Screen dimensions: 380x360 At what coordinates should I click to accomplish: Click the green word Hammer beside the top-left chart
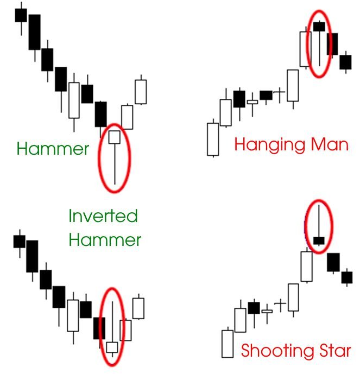pyautogui.click(x=53, y=149)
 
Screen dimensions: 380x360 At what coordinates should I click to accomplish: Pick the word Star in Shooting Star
pyautogui.click(x=332, y=350)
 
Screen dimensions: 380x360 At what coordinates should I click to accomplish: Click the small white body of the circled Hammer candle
pyautogui.click(x=114, y=137)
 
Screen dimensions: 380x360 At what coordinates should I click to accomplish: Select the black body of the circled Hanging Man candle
pyautogui.click(x=319, y=27)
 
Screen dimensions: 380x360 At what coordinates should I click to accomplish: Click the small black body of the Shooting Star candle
pyautogui.click(x=319, y=240)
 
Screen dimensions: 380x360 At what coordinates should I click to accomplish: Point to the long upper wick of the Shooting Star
pyautogui.click(x=319, y=220)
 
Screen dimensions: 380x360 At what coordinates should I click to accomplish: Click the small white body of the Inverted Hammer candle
pyautogui.click(x=112, y=347)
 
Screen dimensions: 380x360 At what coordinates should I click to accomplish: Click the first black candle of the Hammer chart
pyautogui.click(x=21, y=15)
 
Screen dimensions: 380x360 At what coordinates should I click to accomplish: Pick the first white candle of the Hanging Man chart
pyautogui.click(x=213, y=139)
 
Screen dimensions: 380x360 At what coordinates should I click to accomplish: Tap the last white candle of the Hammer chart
pyautogui.click(x=141, y=92)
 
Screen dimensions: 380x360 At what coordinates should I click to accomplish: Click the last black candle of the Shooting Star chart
pyautogui.click(x=346, y=277)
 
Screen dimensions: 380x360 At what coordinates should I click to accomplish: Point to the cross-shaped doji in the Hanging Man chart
pyautogui.click(x=280, y=92)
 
